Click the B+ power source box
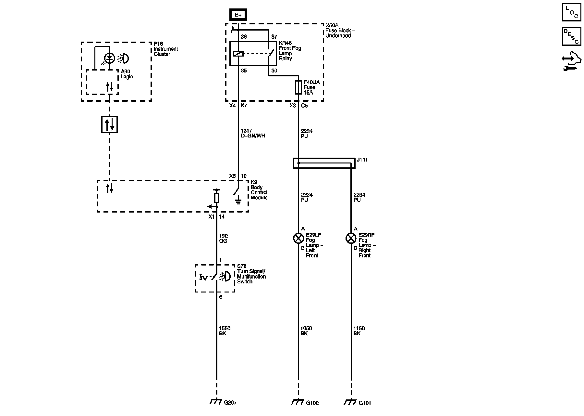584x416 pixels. [x=238, y=15]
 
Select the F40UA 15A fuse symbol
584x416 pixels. [x=298, y=87]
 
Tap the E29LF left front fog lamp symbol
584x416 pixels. [x=298, y=239]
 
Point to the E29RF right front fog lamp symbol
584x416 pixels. [x=351, y=239]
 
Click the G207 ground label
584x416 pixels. [x=230, y=403]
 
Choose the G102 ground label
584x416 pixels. [x=312, y=403]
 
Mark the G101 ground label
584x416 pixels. [x=365, y=403]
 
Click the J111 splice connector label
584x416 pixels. [x=362, y=160]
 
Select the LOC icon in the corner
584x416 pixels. [x=571, y=12]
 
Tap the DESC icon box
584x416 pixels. [x=571, y=36]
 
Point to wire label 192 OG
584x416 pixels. [x=224, y=239]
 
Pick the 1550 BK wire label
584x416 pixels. [x=225, y=331]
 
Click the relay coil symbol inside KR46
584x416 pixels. [x=238, y=54]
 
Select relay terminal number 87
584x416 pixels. [x=274, y=37]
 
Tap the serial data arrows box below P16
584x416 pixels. [x=109, y=124]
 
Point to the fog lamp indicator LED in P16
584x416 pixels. [x=110, y=58]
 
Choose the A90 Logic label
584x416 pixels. [x=127, y=74]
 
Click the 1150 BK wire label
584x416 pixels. [x=359, y=331]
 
